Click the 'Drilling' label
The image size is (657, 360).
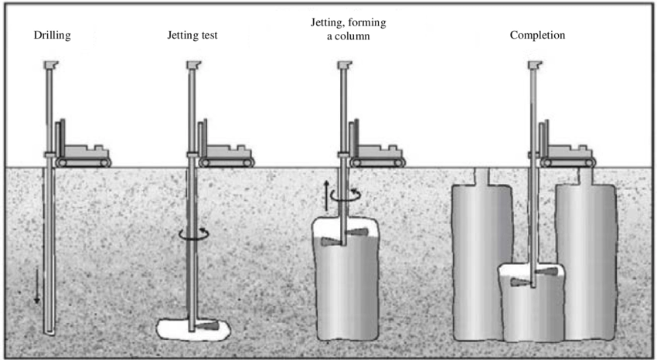point(52,36)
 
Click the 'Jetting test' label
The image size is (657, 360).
point(192,36)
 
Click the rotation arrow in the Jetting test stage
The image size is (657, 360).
point(192,233)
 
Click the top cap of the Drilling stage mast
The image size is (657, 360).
point(52,65)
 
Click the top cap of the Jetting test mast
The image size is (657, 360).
point(192,65)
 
